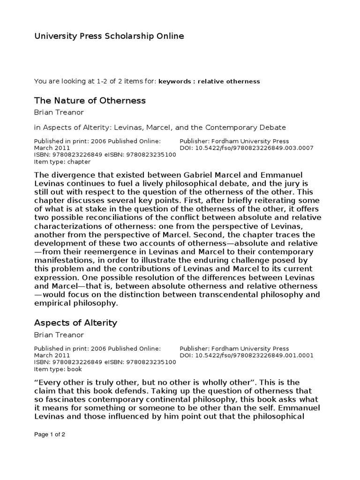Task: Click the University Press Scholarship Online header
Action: point(109,36)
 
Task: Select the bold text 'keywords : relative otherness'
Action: point(209,82)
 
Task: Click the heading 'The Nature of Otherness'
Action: point(90,100)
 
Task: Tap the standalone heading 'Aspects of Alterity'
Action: point(75,323)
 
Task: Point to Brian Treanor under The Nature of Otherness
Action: point(58,112)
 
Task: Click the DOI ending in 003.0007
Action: point(247,148)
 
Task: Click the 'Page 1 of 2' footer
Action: point(50,434)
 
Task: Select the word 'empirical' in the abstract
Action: point(52,304)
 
